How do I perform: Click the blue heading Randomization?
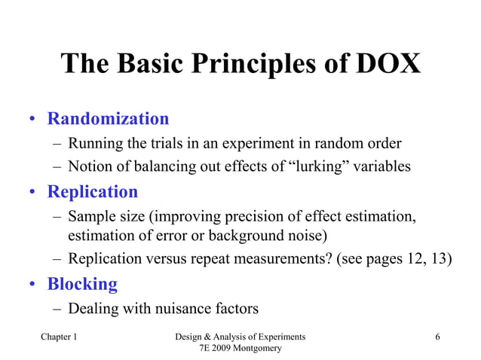(x=108, y=119)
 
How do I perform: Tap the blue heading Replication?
(x=93, y=192)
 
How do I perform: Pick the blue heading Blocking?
(x=82, y=284)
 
